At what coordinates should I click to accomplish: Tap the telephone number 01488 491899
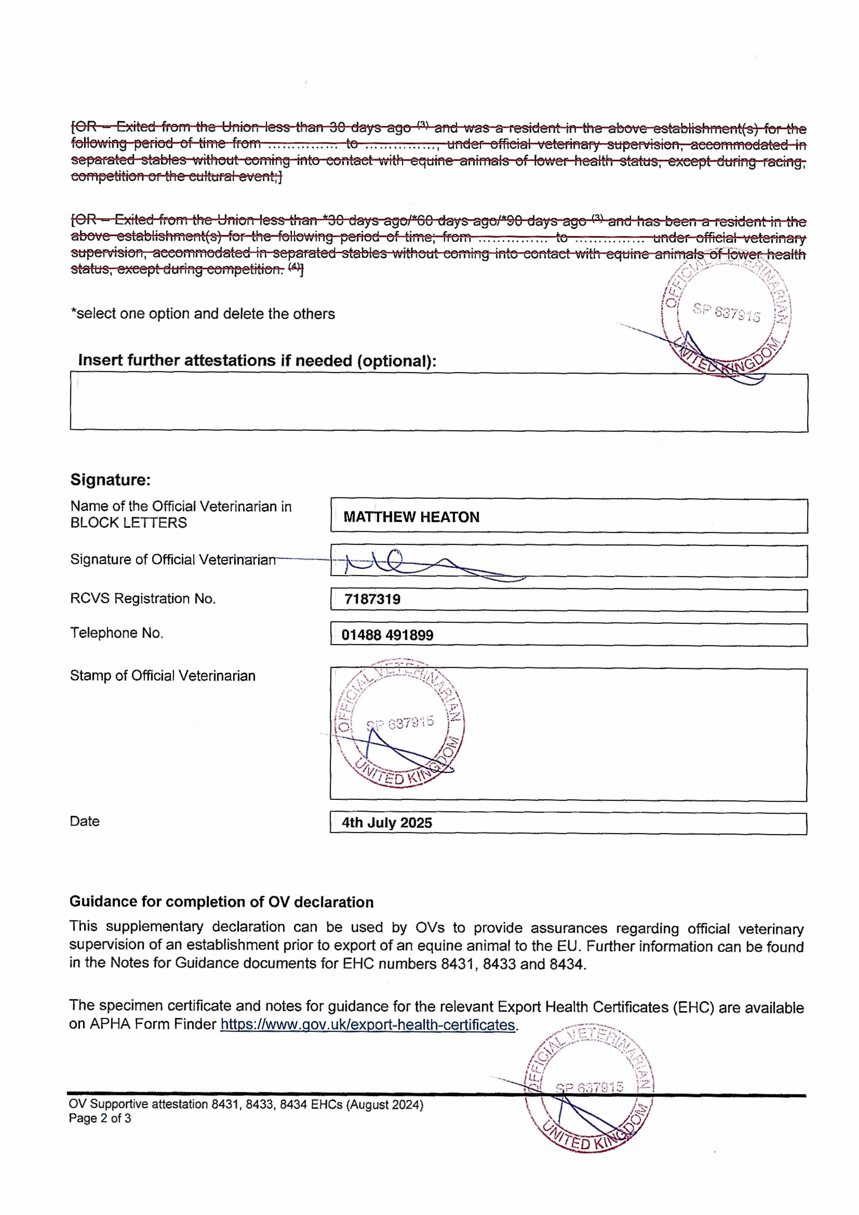coord(387,635)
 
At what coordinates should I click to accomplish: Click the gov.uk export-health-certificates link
coord(368,1025)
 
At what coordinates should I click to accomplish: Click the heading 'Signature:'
coord(110,480)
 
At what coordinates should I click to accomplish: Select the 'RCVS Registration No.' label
coord(142,599)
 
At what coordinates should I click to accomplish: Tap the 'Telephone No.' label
coord(116,633)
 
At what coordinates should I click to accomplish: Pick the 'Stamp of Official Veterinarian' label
coord(163,676)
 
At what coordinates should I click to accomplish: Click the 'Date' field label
coord(85,821)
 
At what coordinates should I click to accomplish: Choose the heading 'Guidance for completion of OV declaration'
coord(221,902)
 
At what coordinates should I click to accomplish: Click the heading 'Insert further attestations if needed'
coord(257,361)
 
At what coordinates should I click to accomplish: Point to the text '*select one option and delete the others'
coord(203,314)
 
